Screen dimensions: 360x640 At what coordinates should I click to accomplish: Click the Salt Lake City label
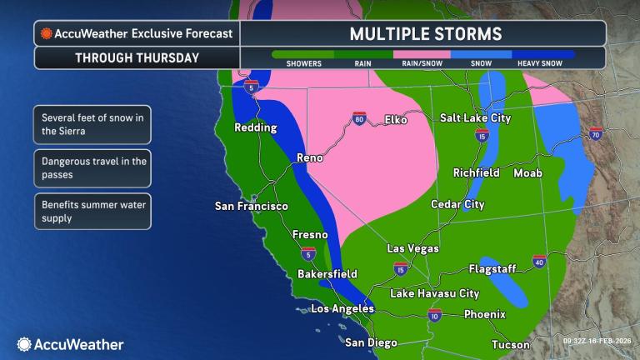(474, 118)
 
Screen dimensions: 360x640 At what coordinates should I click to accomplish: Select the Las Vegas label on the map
(413, 248)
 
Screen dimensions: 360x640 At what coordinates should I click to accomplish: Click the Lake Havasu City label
(434, 293)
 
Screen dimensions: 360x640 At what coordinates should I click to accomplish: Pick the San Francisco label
(251, 206)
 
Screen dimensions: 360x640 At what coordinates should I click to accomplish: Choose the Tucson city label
(510, 344)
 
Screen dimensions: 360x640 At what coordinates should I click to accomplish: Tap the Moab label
(527, 172)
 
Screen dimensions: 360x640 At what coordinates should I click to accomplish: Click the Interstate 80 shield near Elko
(359, 118)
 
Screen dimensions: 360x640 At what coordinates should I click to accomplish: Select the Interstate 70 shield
(595, 133)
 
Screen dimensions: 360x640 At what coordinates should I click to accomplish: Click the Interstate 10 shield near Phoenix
(434, 315)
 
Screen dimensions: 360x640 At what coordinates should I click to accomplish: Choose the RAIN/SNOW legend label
(422, 63)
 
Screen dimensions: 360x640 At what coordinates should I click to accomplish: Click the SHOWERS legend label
(302, 63)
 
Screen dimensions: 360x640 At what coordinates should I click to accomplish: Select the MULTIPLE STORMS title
(424, 34)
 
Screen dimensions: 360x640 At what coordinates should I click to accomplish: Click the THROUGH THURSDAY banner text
(137, 58)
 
